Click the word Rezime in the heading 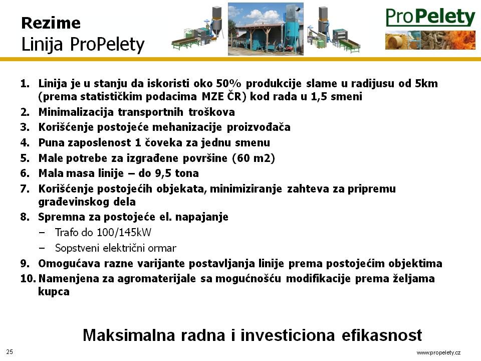[51, 23]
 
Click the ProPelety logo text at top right [430, 17]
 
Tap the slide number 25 [10, 352]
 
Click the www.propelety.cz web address [438, 352]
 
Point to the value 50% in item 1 [229, 83]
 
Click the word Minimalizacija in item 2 [76, 112]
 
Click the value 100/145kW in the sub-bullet [124, 232]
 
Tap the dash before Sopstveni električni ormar [42, 248]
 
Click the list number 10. [28, 279]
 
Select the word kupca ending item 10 [54, 292]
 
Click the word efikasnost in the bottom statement [382, 335]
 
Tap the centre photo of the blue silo [266, 29]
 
